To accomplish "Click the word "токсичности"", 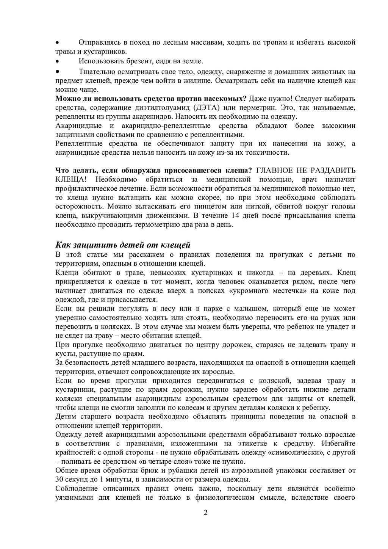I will pos(268,153).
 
